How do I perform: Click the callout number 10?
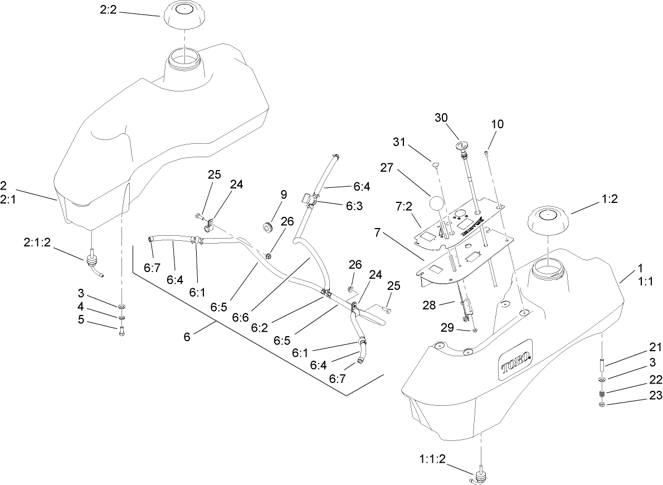click(497, 124)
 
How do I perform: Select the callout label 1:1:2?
click(432, 459)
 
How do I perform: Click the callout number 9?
click(284, 195)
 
